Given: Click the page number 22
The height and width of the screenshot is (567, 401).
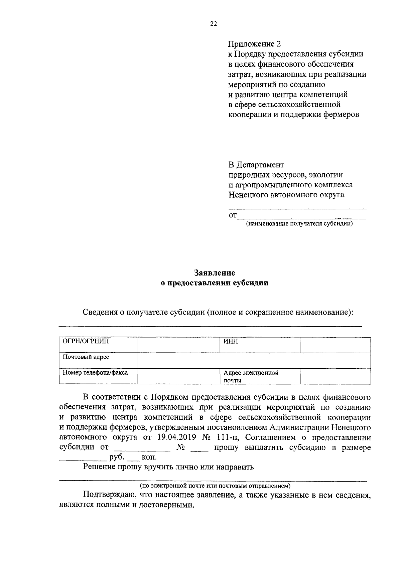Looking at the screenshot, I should pyautogui.click(x=214, y=24).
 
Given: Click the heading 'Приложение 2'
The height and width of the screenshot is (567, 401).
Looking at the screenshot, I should pyautogui.click(x=254, y=44).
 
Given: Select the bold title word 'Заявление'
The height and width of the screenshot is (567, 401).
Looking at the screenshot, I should pyautogui.click(x=215, y=273).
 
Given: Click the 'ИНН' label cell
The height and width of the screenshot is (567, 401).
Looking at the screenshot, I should pyautogui.click(x=231, y=342).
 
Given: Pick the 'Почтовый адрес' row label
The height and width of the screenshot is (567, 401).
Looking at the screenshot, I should pyautogui.click(x=86, y=357).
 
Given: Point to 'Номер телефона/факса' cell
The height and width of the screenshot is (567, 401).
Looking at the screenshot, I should pyautogui.click(x=95, y=372).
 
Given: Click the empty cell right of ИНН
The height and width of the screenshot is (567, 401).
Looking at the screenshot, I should pyautogui.click(x=335, y=345).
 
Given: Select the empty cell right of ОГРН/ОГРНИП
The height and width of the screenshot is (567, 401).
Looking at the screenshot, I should pyautogui.click(x=178, y=345).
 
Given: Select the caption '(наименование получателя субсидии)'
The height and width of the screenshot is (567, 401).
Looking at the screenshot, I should pyautogui.click(x=299, y=224).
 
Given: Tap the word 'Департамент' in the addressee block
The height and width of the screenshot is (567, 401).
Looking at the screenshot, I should pyautogui.click(x=261, y=165).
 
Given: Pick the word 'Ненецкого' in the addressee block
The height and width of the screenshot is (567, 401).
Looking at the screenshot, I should pyautogui.click(x=248, y=195).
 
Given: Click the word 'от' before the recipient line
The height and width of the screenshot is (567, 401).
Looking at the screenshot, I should pyautogui.click(x=233, y=216).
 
